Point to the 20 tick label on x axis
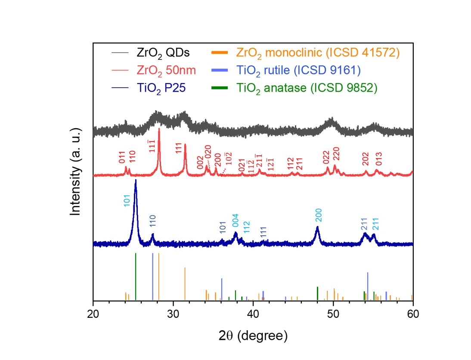pos(93,314)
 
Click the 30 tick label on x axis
pos(174,314)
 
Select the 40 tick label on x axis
pos(253,314)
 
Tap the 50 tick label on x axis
pos(333,314)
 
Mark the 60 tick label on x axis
pos(413,314)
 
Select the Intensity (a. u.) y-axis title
pos(76,172)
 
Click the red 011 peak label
pos(122,157)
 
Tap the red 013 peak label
pos(379,159)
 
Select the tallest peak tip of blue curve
pos(136,181)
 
